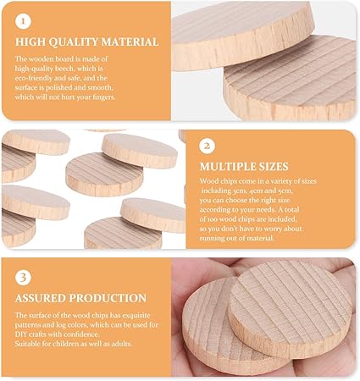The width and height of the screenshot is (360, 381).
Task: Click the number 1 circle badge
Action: click(23, 21)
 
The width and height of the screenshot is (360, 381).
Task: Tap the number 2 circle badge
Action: click(207, 146)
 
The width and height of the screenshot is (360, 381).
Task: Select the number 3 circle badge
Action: click(23, 278)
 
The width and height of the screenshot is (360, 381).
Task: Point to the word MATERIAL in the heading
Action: click(130, 42)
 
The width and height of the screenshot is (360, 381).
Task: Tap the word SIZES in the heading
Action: click(274, 167)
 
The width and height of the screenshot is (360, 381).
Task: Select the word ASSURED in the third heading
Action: click(41, 298)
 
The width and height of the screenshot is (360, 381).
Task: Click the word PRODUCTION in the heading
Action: click(108, 298)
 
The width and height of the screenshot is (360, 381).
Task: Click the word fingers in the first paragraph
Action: click(104, 97)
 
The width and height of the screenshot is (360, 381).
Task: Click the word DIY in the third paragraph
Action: click(20, 334)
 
